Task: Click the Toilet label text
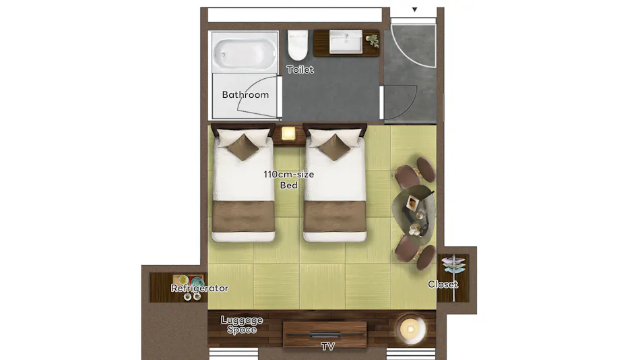pyautogui.click(x=300, y=69)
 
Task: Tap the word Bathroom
pyautogui.click(x=245, y=94)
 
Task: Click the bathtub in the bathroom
pyautogui.click(x=245, y=53)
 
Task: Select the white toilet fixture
pyautogui.click(x=298, y=45)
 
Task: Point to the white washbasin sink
pyautogui.click(x=346, y=42)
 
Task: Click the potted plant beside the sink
pyautogui.click(x=372, y=40)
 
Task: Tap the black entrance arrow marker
pyautogui.click(x=414, y=9)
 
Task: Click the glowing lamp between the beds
pyautogui.click(x=288, y=133)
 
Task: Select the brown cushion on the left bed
pyautogui.click(x=243, y=147)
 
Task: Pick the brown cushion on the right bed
pyautogui.click(x=334, y=147)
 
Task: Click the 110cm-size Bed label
pyautogui.click(x=288, y=179)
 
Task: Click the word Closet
pyautogui.click(x=443, y=284)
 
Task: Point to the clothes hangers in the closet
pyautogui.click(x=453, y=264)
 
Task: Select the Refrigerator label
pyautogui.click(x=199, y=288)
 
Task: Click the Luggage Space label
pyautogui.click(x=242, y=325)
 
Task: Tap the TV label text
pyautogui.click(x=328, y=347)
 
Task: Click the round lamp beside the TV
pyautogui.click(x=411, y=329)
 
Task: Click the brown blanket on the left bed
pyautogui.click(x=243, y=216)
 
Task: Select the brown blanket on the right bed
pyautogui.click(x=335, y=216)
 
